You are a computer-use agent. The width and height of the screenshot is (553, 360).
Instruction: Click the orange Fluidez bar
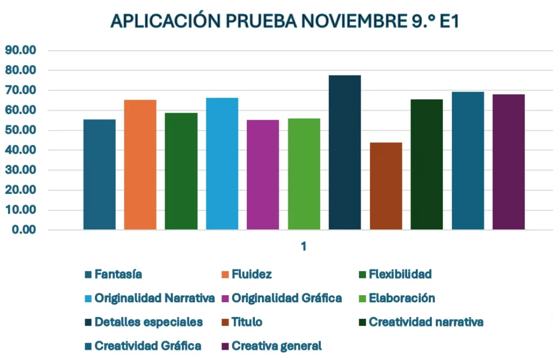tap(140, 165)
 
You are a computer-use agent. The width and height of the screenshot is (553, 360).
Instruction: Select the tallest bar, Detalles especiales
tap(345, 152)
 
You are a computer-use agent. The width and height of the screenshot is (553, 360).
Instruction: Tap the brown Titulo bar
tap(386, 186)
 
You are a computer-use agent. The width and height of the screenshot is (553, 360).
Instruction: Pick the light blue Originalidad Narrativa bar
tap(222, 164)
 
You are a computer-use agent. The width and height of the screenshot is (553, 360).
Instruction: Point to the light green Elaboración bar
tap(304, 174)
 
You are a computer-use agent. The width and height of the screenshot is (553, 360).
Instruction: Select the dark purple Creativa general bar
tap(508, 162)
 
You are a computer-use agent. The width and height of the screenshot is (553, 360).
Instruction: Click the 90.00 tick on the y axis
tap(20, 50)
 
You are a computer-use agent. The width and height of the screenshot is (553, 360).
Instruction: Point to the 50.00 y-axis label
tap(20, 130)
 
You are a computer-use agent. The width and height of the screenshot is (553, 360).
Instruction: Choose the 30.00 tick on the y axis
tap(20, 170)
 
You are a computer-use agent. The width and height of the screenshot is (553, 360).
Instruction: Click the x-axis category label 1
tap(304, 246)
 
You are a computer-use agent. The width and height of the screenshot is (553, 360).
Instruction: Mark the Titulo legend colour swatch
tap(225, 322)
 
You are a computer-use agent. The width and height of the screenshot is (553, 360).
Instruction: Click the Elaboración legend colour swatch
tap(362, 298)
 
